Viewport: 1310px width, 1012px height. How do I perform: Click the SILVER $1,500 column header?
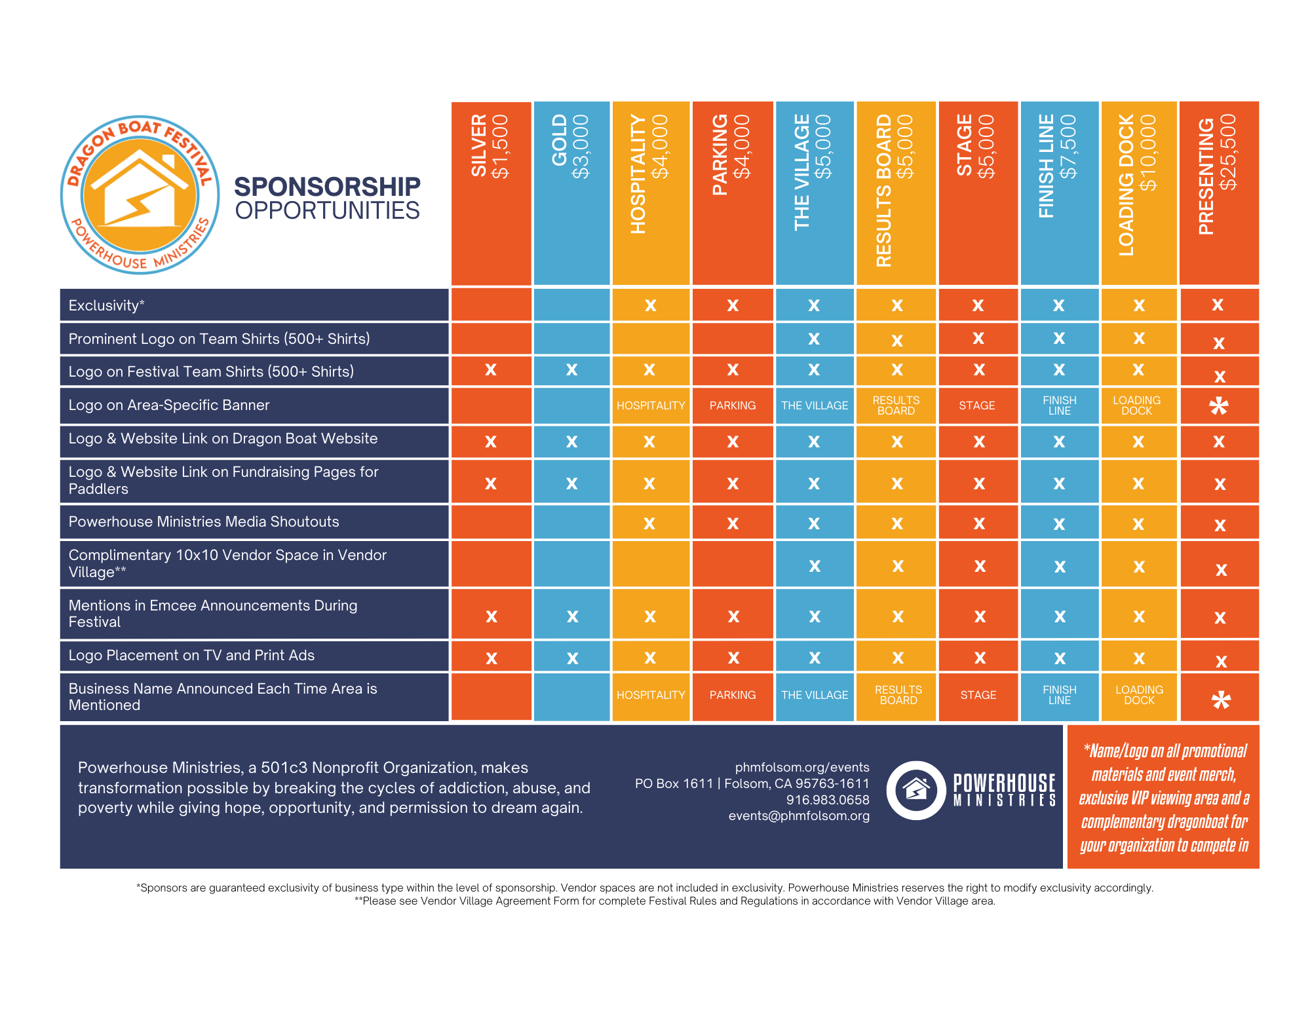pyautogui.click(x=490, y=193)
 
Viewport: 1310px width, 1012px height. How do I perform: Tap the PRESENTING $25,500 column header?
pyautogui.click(x=1218, y=193)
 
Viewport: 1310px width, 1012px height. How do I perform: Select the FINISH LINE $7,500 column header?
pyautogui.click(x=1058, y=193)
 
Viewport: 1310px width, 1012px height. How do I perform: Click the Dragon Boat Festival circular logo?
pyautogui.click(x=140, y=195)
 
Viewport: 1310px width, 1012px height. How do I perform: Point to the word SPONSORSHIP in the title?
pyautogui.click(x=327, y=187)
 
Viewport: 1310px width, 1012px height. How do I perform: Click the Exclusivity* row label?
pyautogui.click(x=107, y=305)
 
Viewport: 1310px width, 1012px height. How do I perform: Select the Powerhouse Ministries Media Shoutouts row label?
pyautogui.click(x=204, y=521)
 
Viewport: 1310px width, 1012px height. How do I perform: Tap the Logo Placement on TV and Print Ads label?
pyautogui.click(x=191, y=655)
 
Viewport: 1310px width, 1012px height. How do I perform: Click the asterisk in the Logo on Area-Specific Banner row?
pyautogui.click(x=1218, y=406)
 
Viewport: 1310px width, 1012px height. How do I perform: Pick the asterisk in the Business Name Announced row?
pyautogui.click(x=1220, y=700)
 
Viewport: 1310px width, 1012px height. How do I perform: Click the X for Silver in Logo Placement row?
pyautogui.click(x=491, y=658)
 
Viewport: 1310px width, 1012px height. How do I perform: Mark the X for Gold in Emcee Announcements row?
pyautogui.click(x=572, y=616)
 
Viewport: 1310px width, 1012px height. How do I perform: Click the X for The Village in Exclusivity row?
pyautogui.click(x=814, y=305)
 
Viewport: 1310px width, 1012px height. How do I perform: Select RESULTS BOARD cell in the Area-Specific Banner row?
pyautogui.click(x=896, y=405)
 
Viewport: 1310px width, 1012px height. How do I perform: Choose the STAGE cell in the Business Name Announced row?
pyautogui.click(x=978, y=695)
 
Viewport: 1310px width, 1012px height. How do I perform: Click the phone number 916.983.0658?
pyautogui.click(x=827, y=800)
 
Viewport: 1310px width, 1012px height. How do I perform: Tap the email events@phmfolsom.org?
pyautogui.click(x=799, y=815)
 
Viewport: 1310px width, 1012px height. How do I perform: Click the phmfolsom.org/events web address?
pyautogui.click(x=801, y=767)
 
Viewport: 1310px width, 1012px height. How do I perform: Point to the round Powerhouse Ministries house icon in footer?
pyautogui.click(x=916, y=790)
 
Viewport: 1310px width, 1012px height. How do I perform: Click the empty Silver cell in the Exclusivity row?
pyautogui.click(x=491, y=305)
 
